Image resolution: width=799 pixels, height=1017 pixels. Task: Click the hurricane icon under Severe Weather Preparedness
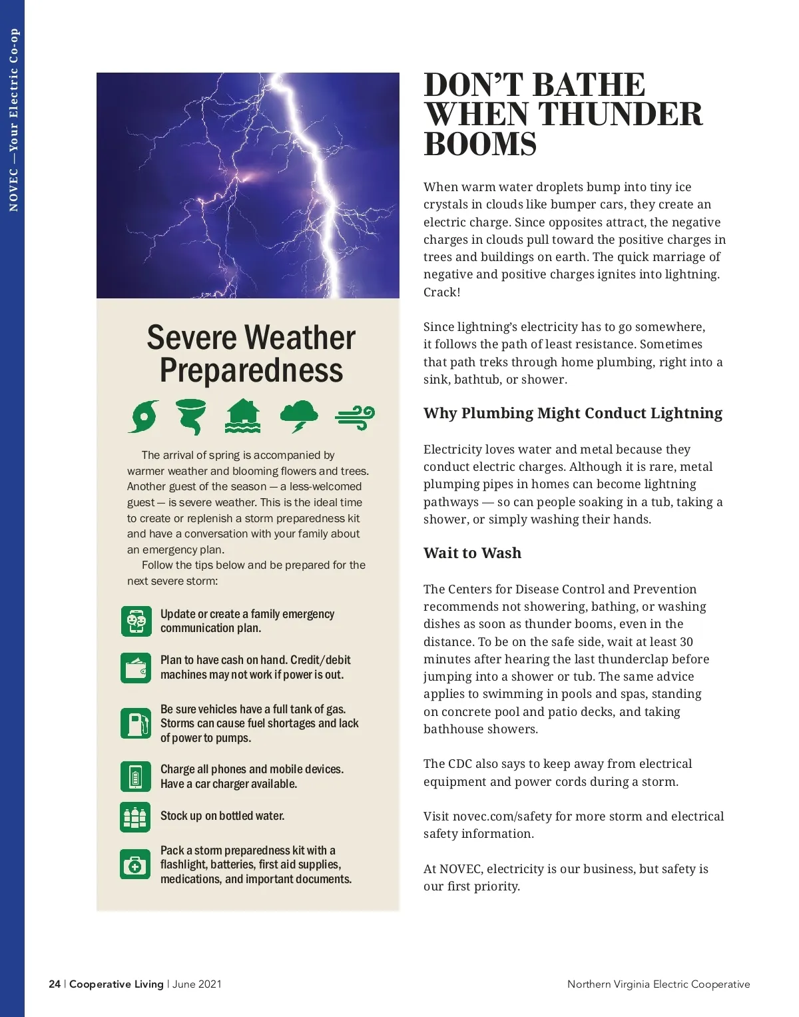[144, 416]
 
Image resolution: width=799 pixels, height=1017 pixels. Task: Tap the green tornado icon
[191, 416]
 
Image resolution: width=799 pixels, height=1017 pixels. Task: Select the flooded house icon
[243, 416]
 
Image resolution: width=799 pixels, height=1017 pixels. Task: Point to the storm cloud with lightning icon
[299, 416]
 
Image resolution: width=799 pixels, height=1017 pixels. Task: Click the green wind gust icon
[355, 418]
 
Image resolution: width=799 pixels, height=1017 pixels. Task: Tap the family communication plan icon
[136, 621]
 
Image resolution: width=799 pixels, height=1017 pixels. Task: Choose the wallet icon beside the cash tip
[136, 667]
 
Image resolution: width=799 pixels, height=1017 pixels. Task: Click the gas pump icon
[136, 723]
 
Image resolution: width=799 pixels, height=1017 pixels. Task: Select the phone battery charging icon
[136, 777]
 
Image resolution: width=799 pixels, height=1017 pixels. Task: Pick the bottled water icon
[136, 817]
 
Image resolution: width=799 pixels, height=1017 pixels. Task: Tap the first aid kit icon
[136, 864]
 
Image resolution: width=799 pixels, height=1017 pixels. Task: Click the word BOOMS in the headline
[480, 145]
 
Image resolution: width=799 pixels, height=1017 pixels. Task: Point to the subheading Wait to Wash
[472, 553]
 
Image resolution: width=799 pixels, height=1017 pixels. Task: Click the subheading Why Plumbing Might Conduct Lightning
[573, 413]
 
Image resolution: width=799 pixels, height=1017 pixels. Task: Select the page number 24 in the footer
[55, 984]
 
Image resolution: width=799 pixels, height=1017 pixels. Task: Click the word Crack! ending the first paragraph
[442, 292]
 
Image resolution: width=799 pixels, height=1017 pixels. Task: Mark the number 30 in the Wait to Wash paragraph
[686, 642]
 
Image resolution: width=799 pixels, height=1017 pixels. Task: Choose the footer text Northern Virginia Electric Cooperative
[659, 984]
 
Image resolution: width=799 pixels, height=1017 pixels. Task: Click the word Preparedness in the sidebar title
[251, 370]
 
